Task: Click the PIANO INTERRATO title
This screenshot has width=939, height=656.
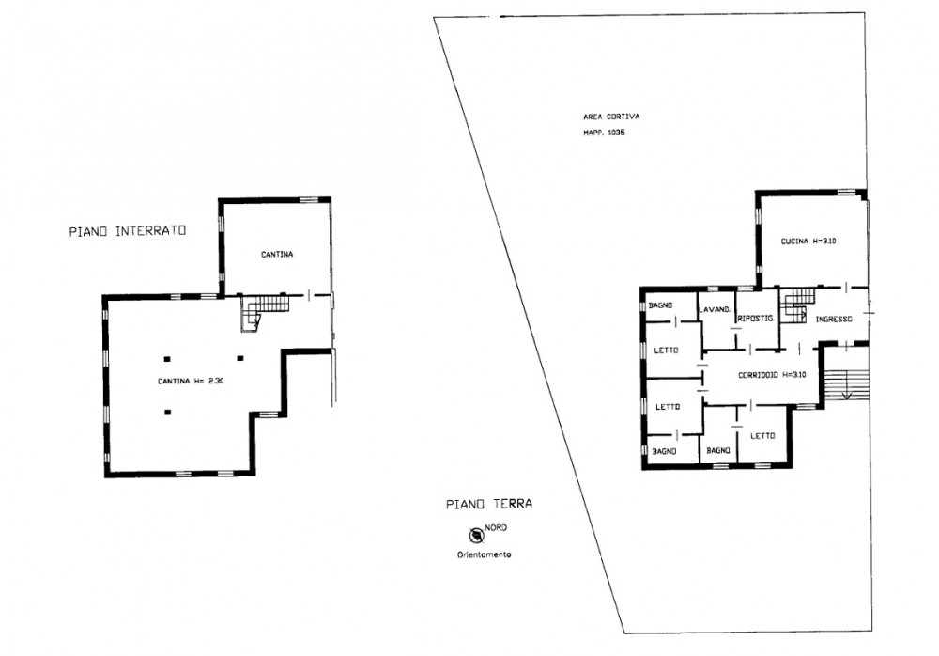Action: click(x=128, y=231)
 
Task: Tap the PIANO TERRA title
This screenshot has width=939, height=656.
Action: click(x=489, y=504)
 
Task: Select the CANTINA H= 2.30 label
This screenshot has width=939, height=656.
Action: click(x=191, y=381)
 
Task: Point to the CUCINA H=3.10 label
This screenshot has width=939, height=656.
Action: click(x=808, y=241)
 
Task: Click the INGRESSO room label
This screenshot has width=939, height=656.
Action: click(x=834, y=319)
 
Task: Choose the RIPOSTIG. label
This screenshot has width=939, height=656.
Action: click(x=756, y=319)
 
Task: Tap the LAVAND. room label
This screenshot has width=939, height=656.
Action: click(x=715, y=309)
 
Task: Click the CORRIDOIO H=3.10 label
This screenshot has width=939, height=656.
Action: click(x=772, y=375)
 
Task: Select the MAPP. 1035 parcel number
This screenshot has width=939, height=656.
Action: click(x=604, y=133)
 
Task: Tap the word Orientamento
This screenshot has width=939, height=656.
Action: click(x=484, y=554)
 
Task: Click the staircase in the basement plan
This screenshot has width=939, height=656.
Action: click(x=264, y=311)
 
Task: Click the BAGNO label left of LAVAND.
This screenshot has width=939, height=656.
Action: click(x=660, y=305)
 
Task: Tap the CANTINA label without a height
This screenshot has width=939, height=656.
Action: click(x=277, y=255)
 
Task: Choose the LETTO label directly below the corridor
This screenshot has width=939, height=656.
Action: click(x=762, y=436)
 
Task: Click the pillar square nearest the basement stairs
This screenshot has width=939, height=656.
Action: click(x=240, y=359)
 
